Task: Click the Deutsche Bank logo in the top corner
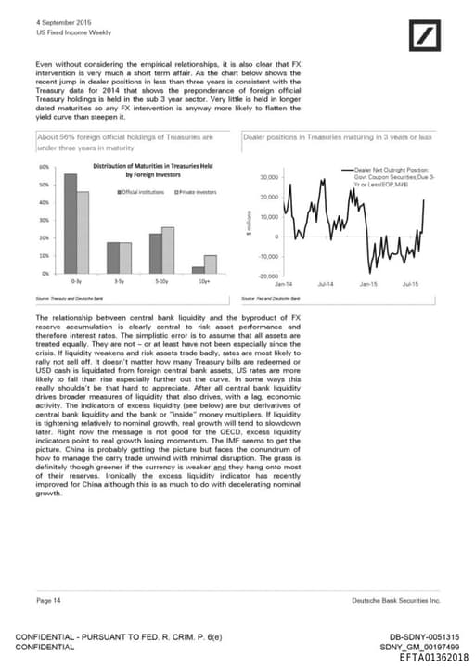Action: point(426,38)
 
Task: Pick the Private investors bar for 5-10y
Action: point(168,250)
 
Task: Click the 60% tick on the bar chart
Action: point(44,167)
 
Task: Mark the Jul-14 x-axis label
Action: point(326,283)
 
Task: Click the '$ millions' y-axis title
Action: point(250,226)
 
